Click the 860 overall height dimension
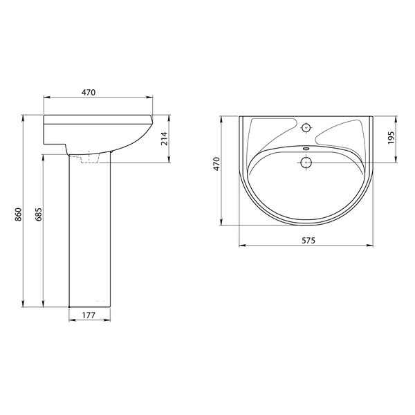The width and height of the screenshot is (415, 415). pyautogui.click(x=18, y=214)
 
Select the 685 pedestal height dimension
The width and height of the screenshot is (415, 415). pyautogui.click(x=39, y=214)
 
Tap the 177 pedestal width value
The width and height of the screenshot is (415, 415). pyautogui.click(x=89, y=315)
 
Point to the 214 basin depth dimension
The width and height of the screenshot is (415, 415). pyautogui.click(x=165, y=138)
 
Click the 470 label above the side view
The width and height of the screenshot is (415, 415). pyautogui.click(x=89, y=93)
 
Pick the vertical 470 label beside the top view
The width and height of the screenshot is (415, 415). pyautogui.click(x=216, y=164)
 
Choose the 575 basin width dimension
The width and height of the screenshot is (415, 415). pyautogui.click(x=308, y=241)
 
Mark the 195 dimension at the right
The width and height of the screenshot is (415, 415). pyautogui.click(x=391, y=138)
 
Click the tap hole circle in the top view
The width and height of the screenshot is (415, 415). pyautogui.click(x=306, y=128)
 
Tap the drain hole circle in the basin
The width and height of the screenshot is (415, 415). pyautogui.click(x=306, y=163)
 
